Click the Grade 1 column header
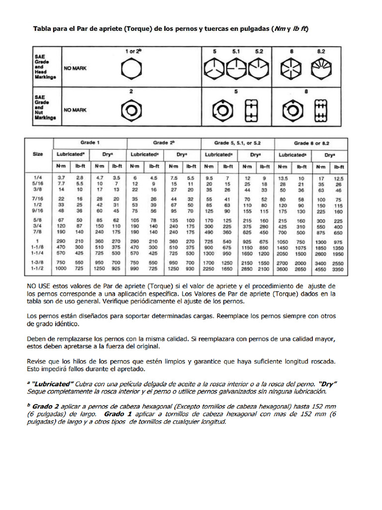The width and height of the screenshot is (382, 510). point(90,142)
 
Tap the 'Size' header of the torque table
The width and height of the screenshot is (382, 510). point(38,154)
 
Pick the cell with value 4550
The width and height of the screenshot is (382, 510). point(320,268)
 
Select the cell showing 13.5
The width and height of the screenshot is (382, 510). point(283,178)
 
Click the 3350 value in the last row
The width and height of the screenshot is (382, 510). point(339,268)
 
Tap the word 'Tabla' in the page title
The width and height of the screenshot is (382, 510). point(42,29)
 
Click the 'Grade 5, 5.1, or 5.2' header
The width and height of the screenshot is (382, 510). point(237,142)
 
